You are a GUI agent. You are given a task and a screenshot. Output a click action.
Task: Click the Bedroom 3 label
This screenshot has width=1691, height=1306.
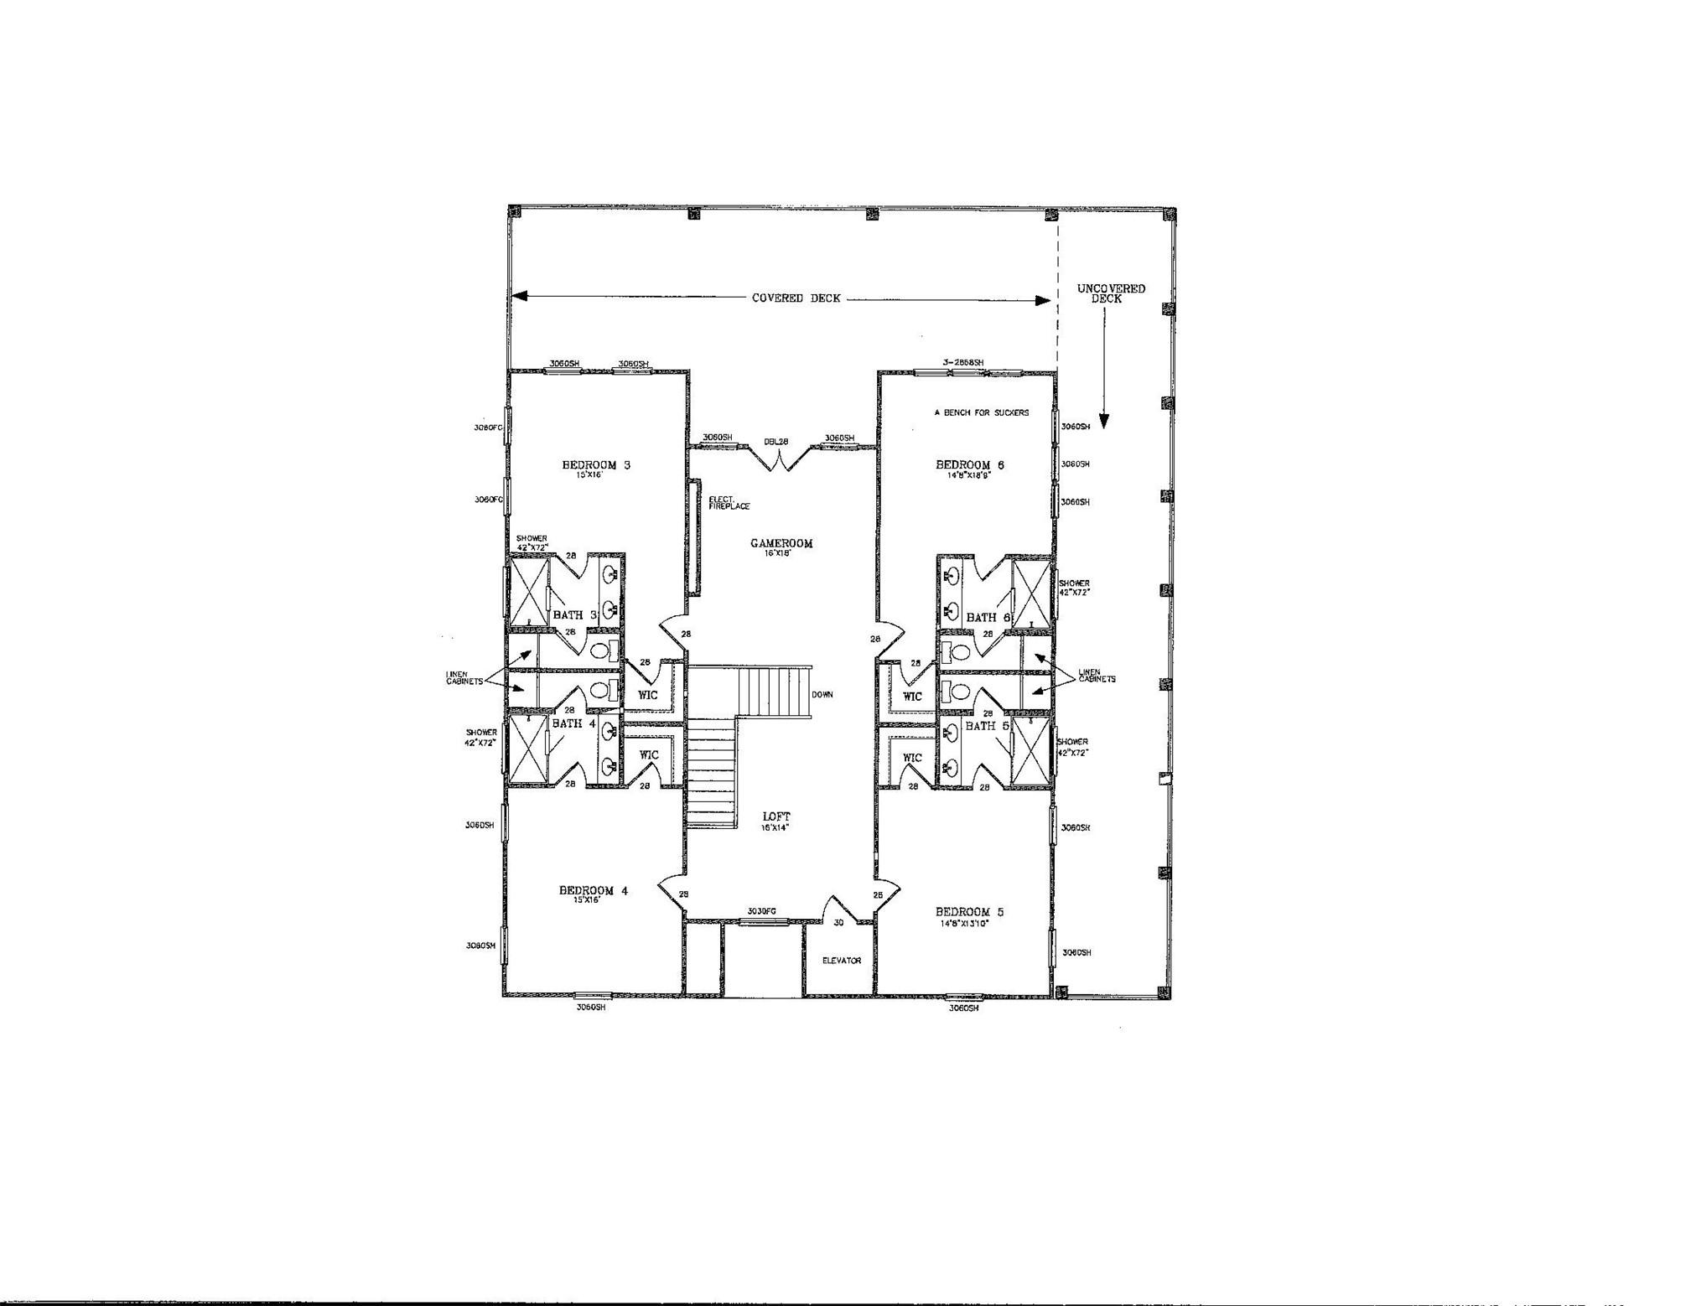tap(589, 464)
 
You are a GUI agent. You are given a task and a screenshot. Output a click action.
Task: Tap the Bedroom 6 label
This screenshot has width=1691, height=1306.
tap(969, 464)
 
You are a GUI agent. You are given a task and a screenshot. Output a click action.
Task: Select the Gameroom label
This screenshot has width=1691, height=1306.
tap(781, 543)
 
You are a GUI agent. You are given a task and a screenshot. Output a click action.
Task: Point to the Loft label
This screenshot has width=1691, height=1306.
tap(776, 816)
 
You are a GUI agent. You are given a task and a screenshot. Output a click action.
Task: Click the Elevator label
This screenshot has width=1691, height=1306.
tap(841, 961)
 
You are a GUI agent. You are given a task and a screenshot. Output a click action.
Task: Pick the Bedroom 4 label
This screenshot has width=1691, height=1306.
tap(594, 890)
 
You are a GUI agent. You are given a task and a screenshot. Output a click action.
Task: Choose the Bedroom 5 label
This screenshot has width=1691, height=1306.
tap(969, 911)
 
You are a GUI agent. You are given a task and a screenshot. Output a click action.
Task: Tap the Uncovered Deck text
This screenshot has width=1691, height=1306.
tap(1111, 293)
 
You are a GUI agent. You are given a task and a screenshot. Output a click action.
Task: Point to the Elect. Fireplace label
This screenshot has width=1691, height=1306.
tap(729, 503)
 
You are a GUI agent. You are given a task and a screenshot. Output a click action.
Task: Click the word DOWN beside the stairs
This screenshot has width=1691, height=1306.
tap(822, 695)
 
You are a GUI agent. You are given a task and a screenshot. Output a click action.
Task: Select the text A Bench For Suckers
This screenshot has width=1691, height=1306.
tap(981, 412)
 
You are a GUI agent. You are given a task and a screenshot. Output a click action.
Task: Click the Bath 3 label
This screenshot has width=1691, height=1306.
tap(574, 615)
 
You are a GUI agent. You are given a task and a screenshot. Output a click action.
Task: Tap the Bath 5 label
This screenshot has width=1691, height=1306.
tap(987, 726)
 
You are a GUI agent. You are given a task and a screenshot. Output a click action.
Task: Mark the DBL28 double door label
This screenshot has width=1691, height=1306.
tap(775, 442)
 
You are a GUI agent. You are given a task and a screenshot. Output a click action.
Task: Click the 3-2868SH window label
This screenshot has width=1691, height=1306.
tap(962, 362)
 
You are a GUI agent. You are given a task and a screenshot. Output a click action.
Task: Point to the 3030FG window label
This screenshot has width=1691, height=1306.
tap(761, 912)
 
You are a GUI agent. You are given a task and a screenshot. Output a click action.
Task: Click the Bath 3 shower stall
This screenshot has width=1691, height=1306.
tap(529, 590)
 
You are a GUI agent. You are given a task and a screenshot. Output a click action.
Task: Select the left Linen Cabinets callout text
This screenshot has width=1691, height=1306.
tap(464, 677)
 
